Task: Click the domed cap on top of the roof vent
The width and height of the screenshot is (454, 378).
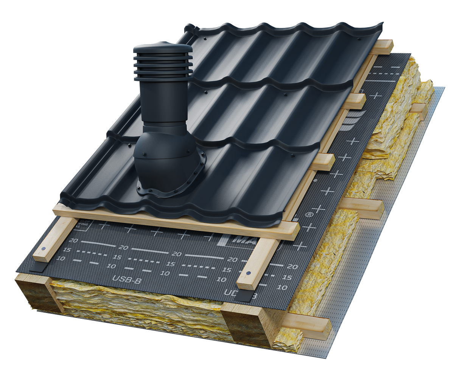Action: tap(163, 50)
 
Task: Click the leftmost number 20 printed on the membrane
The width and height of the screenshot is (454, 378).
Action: tap(74, 240)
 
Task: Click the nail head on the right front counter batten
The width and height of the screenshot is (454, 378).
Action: tap(248, 273)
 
